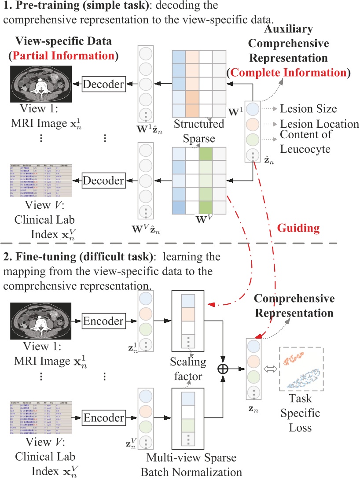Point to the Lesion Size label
309,109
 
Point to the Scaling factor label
188,370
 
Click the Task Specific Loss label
301,414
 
